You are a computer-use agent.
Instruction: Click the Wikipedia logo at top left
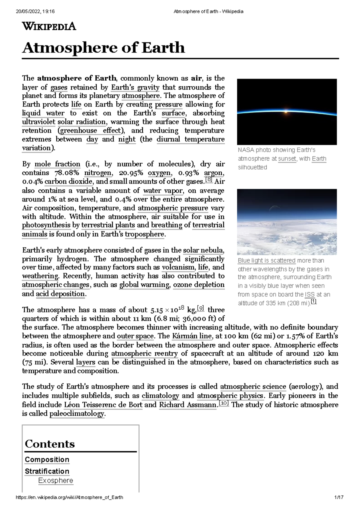pos(49,26)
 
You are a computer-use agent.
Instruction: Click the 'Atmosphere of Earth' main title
pos(103,48)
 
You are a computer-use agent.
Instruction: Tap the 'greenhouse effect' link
pos(91,131)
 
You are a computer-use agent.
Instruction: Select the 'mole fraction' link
pos(57,164)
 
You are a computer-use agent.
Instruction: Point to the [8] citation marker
pos(208,180)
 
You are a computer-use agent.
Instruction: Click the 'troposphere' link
pos(145,234)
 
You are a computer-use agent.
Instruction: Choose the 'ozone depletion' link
pos(199,285)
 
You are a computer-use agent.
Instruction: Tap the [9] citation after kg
pos(200,308)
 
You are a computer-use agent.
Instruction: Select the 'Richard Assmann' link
pos(187,405)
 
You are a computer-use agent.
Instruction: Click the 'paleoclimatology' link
pos(77,414)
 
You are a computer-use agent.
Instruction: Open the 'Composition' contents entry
pos(47,460)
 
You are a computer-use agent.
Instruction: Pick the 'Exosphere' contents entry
pos(55,481)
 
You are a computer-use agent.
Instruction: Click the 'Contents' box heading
pos(50,444)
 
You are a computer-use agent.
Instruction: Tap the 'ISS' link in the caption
pos(310,295)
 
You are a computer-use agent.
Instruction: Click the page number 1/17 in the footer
pos(339,497)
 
